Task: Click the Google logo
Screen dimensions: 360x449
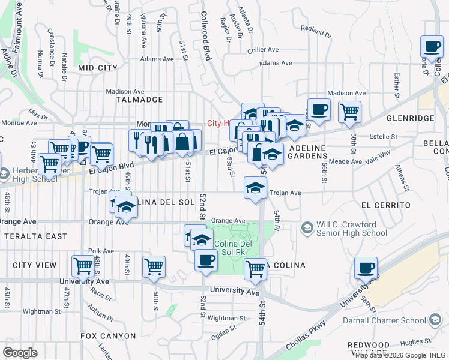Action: point(20,353)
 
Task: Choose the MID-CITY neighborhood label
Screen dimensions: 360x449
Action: point(97,68)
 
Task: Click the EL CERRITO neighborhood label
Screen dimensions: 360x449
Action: point(387,205)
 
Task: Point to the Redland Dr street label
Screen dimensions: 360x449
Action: point(316,31)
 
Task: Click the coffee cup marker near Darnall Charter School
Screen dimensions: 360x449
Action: point(366,268)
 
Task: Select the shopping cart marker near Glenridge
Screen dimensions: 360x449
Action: point(349,111)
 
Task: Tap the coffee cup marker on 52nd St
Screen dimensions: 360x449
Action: point(206,260)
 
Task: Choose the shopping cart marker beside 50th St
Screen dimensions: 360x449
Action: point(154,266)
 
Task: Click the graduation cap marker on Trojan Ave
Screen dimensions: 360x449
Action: point(255,187)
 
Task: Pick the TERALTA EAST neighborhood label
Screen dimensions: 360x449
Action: point(36,236)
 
